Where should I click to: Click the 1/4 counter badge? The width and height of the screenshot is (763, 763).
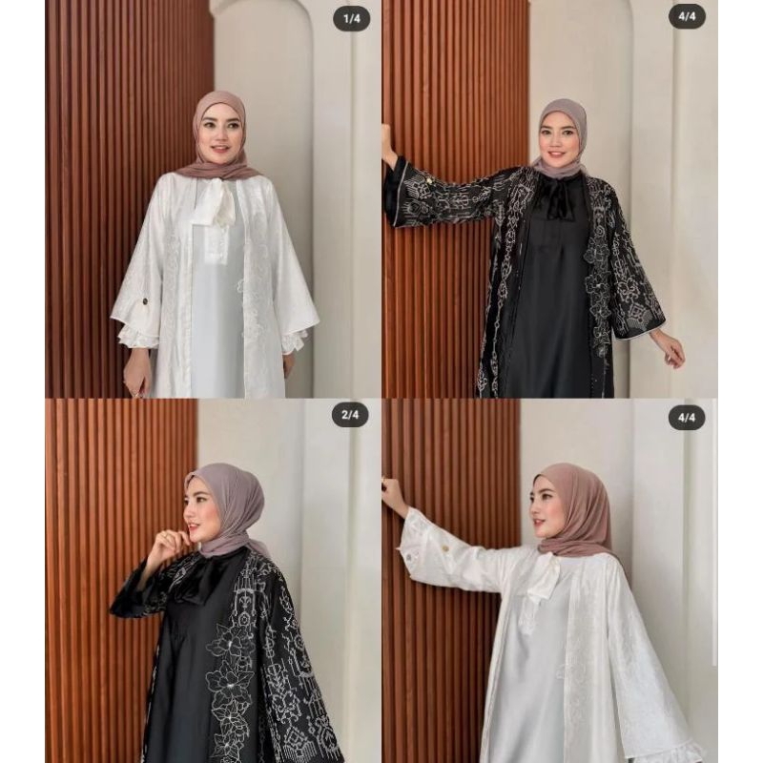[350, 19]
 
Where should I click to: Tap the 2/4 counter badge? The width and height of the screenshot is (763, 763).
[350, 416]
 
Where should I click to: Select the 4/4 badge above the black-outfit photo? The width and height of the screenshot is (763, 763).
[686, 16]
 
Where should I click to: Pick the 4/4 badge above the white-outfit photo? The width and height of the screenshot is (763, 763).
[686, 417]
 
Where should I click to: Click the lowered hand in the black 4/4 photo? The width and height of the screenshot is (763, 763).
[670, 350]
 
